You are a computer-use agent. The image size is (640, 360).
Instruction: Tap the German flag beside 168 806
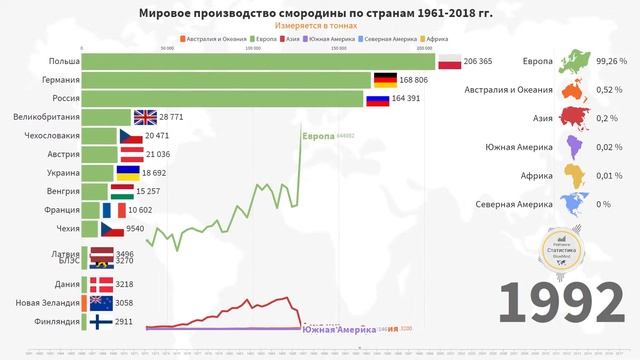pos(385,81)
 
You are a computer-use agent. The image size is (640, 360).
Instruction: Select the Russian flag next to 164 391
pos(378,99)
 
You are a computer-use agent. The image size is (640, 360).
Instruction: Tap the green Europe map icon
pos(575,62)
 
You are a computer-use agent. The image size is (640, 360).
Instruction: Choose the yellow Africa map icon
pos(575,176)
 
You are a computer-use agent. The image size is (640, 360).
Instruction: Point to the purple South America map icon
pos(574,148)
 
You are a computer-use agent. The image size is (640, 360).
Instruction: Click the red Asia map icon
pos(575,119)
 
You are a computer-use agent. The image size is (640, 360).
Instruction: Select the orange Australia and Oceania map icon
pos(575,91)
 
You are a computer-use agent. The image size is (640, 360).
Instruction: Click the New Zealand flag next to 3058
pos(101,303)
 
